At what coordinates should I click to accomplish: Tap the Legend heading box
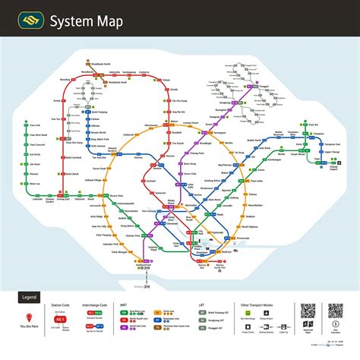click(30, 297)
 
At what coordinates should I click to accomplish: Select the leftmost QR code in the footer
click(308, 312)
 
